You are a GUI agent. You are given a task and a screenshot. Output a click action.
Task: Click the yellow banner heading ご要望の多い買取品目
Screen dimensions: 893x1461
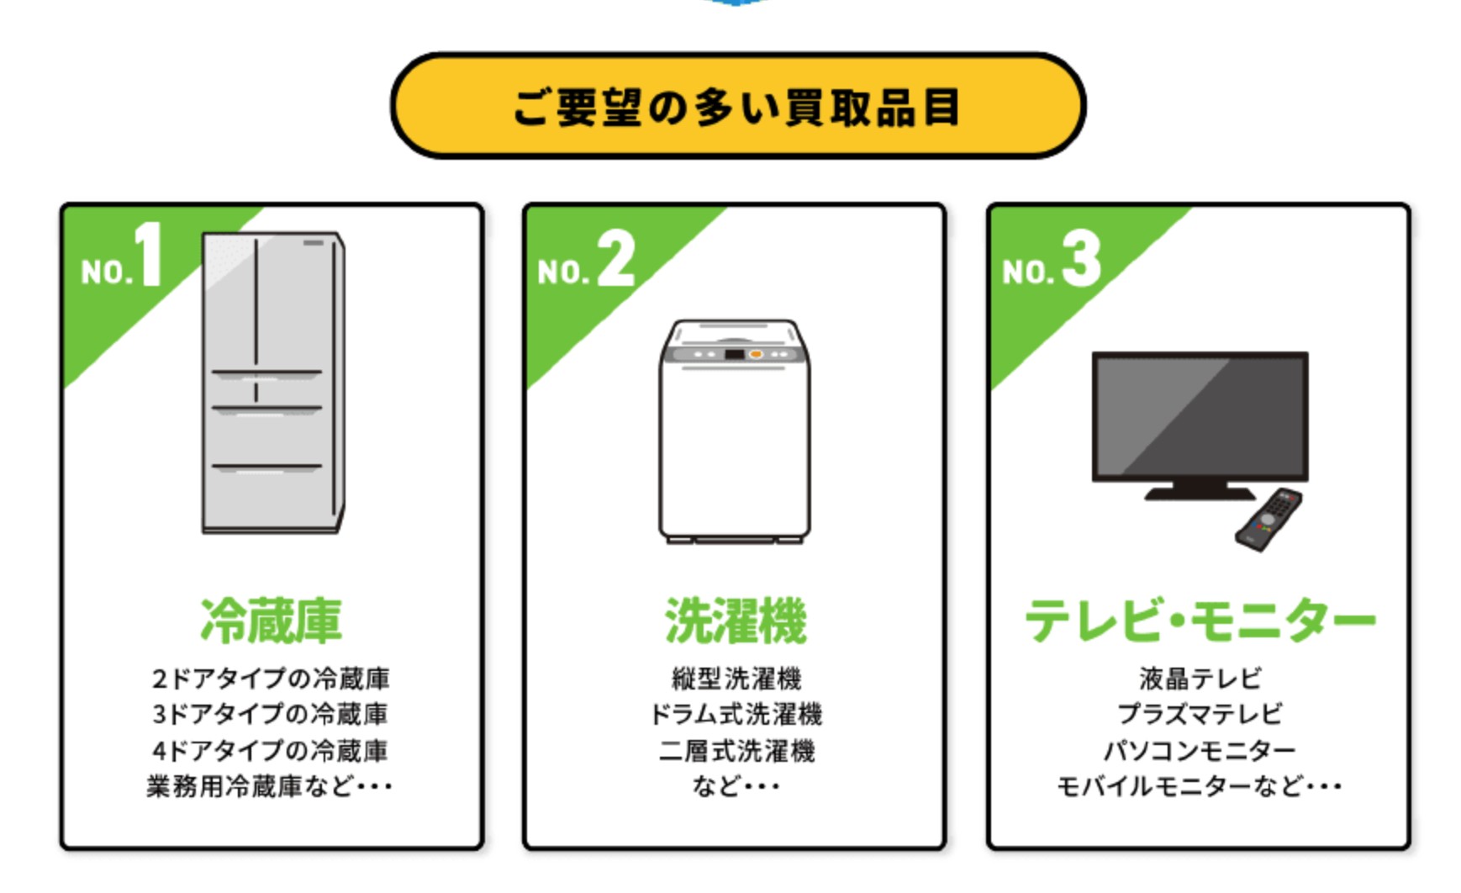tap(737, 107)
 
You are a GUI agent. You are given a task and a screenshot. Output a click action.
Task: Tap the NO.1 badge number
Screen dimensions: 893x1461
tap(148, 256)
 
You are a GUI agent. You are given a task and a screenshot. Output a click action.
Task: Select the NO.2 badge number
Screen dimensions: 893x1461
tap(615, 259)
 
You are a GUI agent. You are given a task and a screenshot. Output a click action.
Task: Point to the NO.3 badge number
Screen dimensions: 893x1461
tap(1081, 259)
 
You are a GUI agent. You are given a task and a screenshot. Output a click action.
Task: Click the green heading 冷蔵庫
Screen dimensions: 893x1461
tap(271, 621)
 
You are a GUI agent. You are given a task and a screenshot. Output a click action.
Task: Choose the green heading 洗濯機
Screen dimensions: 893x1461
tap(736, 621)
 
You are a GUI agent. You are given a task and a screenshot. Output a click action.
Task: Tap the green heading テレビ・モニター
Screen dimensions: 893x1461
tap(1200, 621)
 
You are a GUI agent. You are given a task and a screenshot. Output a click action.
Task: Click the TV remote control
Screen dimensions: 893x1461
tap(1268, 520)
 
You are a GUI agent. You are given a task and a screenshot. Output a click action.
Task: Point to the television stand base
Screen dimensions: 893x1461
tap(1200, 492)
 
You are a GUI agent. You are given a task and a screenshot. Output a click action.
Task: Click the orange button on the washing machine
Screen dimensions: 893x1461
tap(756, 355)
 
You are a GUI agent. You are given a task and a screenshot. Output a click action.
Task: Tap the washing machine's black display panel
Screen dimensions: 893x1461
tap(734, 355)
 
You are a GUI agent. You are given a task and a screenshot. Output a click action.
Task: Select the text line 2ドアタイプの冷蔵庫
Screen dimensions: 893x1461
tap(271, 679)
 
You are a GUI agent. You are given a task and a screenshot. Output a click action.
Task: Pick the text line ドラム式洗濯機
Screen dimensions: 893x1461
tap(736, 715)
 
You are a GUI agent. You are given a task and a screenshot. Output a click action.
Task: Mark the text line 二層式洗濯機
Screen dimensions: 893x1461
tap(736, 751)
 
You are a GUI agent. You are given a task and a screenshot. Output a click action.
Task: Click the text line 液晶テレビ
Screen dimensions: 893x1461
tap(1200, 679)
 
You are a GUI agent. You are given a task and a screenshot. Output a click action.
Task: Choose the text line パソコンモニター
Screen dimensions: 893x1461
tap(1200, 751)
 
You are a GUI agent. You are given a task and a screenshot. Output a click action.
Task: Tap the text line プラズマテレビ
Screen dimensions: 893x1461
tap(1200, 715)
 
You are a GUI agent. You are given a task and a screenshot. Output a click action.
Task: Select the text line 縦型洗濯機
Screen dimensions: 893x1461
tap(736, 679)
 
